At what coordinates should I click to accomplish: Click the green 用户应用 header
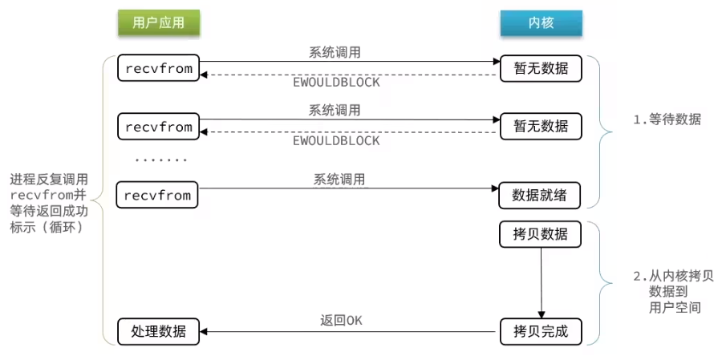coord(158,22)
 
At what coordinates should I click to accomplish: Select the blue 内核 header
coord(541,22)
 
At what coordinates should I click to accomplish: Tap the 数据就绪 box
coord(539,196)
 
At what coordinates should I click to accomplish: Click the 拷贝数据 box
coord(540,235)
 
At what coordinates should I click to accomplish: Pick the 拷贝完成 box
coord(541,331)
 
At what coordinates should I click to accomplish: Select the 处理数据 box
coord(158,331)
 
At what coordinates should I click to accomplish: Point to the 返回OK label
coord(341,321)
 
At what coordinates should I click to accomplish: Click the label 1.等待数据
coord(667,120)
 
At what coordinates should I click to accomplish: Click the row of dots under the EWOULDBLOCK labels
coord(161,160)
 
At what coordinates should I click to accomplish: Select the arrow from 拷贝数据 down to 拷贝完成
coord(541,283)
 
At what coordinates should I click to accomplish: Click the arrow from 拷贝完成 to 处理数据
coord(350,331)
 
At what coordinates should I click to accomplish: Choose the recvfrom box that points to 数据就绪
coord(157,195)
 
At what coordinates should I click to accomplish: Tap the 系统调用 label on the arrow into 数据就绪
coord(339,179)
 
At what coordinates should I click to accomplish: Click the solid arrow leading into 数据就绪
coord(348,188)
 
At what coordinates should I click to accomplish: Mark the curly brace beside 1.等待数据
coord(602,132)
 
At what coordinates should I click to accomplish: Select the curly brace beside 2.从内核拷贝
coord(602,284)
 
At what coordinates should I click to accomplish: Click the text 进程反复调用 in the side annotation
coord(49,180)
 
